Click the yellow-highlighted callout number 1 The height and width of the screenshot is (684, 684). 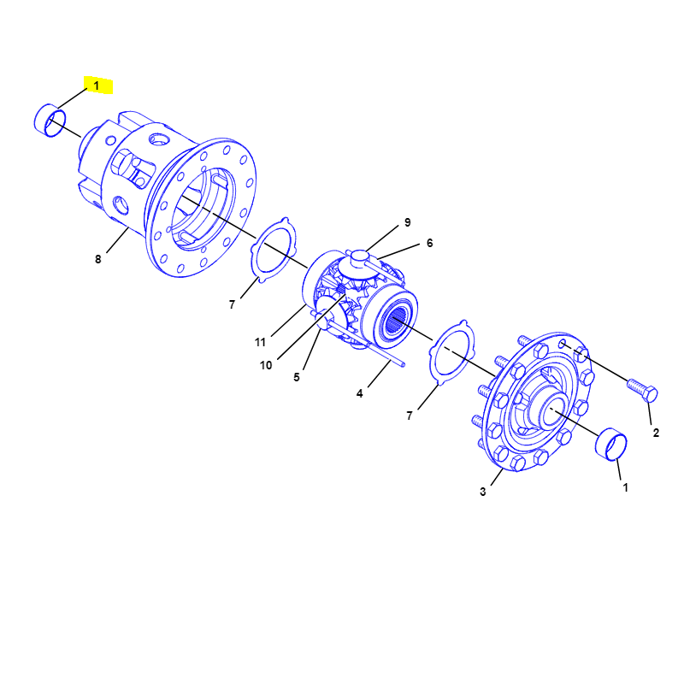click(97, 85)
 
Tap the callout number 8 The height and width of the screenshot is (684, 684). click(98, 259)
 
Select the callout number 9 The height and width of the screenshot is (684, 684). click(408, 222)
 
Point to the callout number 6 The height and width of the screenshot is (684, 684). click(430, 243)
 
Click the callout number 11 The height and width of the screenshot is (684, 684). click(261, 343)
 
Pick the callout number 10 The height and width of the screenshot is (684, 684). click(266, 365)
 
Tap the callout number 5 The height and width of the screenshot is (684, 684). click(297, 377)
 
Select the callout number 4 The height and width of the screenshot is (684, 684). click(359, 393)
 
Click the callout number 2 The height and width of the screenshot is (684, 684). click(656, 433)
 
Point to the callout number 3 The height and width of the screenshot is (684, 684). click(482, 492)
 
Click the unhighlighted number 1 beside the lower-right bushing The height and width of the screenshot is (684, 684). click(625, 487)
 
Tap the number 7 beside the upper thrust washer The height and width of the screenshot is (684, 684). click(232, 304)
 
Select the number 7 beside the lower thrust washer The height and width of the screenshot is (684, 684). click(410, 416)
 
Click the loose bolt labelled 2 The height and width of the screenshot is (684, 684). click(643, 390)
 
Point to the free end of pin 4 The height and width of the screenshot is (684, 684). click(403, 364)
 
